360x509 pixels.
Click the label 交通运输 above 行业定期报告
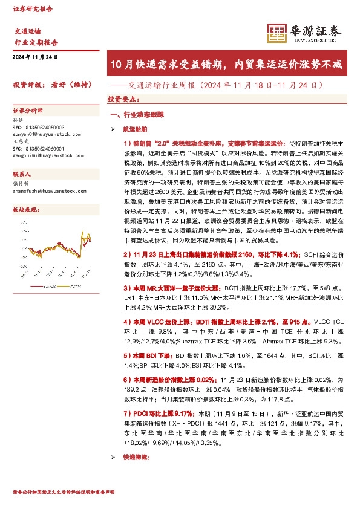(28, 31)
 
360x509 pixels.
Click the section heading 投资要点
(122, 98)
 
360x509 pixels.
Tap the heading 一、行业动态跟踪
(136, 114)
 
